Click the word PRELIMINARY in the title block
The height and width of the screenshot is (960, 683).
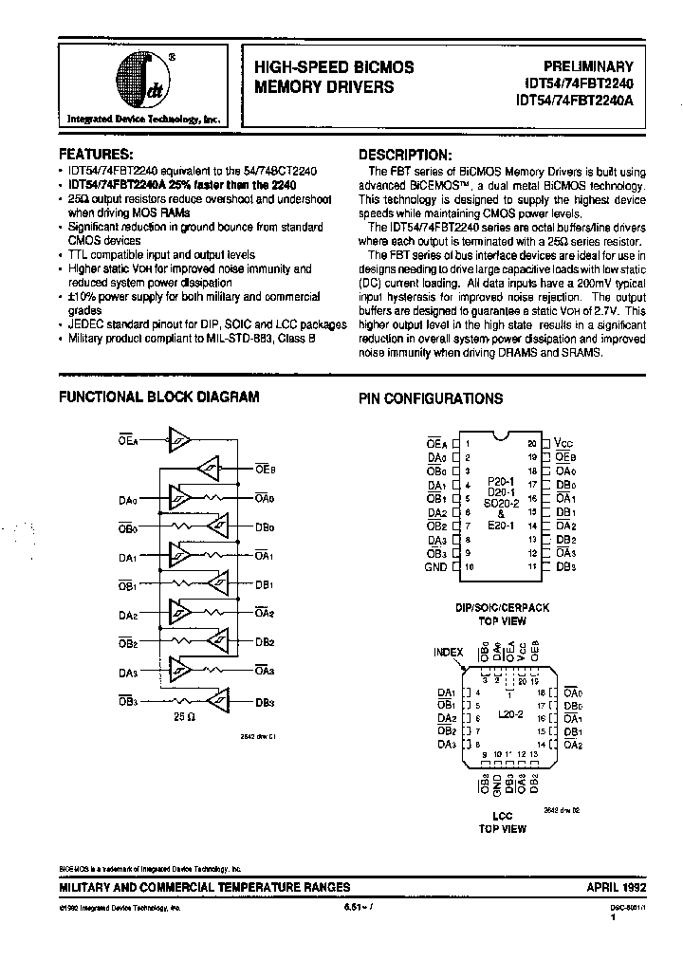click(x=587, y=66)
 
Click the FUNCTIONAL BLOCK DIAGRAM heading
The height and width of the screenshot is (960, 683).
click(x=159, y=397)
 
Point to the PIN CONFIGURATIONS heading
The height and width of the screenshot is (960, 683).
click(x=431, y=398)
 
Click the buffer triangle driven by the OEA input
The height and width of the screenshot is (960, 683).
click(x=179, y=437)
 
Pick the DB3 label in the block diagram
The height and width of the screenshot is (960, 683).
click(x=265, y=703)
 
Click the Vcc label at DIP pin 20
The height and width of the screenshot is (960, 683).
click(x=563, y=442)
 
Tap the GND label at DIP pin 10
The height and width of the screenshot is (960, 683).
click(x=434, y=566)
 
